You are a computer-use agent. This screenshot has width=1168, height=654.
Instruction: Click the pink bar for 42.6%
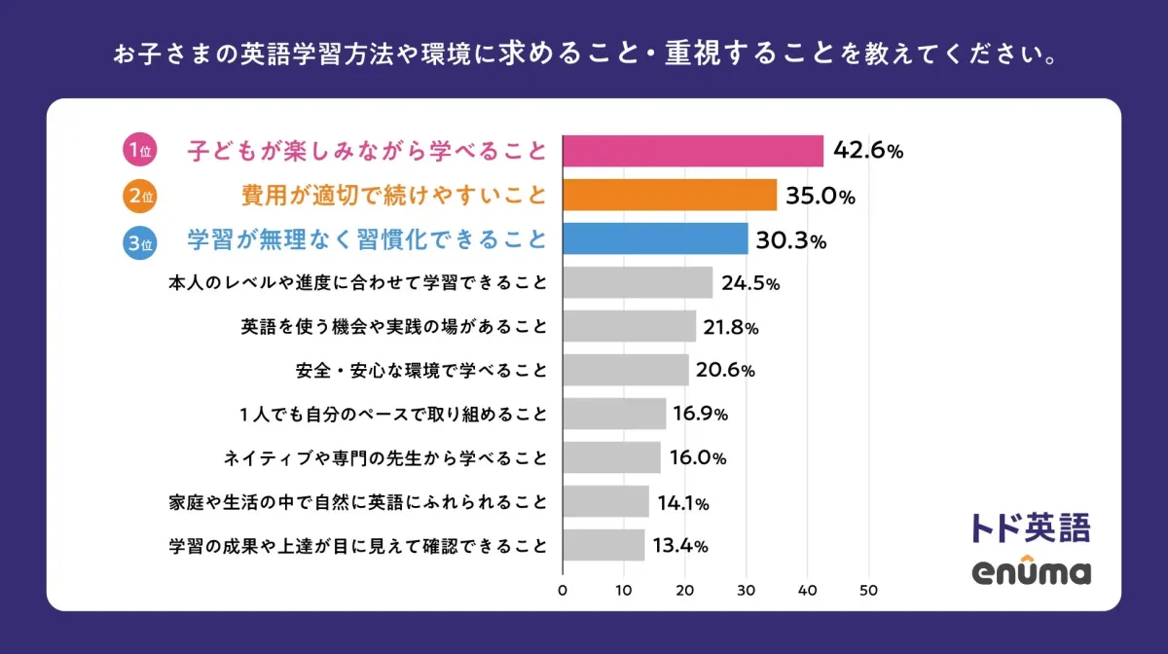pyautogui.click(x=693, y=151)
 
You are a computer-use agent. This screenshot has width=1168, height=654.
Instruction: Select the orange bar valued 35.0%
pyautogui.click(x=670, y=195)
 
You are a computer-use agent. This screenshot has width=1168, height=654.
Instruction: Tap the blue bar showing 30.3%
pyautogui.click(x=655, y=239)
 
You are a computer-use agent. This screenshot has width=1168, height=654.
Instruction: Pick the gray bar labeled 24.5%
pyautogui.click(x=638, y=283)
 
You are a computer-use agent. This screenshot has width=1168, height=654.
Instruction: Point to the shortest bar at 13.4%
pyautogui.click(x=603, y=545)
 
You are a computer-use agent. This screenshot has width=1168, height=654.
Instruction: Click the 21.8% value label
pyautogui.click(x=730, y=327)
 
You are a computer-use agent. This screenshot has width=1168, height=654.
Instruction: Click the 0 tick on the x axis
pyautogui.click(x=563, y=590)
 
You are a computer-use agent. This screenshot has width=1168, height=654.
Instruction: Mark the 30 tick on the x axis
pyautogui.click(x=747, y=590)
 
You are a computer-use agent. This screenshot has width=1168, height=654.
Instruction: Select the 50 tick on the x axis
pyautogui.click(x=868, y=590)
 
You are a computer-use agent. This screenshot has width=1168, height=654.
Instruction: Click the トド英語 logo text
pyautogui.click(x=1031, y=527)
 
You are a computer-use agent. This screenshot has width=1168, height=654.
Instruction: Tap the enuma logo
pyautogui.click(x=1031, y=571)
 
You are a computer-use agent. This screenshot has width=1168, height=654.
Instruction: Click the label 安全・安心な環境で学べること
pyautogui.click(x=420, y=371)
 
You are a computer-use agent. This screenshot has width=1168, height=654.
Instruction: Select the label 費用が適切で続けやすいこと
pyautogui.click(x=394, y=196)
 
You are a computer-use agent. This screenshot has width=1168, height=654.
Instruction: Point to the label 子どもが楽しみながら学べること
pyautogui.click(x=367, y=152)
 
